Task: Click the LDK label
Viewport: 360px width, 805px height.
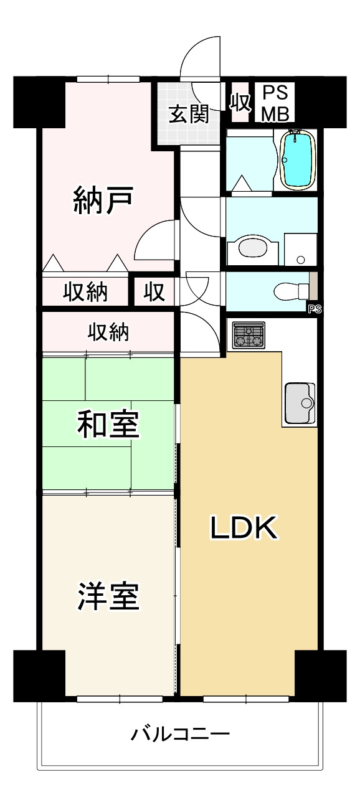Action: tap(243, 529)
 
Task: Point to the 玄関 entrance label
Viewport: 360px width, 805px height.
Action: tap(189, 115)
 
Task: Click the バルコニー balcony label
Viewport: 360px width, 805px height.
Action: tap(180, 734)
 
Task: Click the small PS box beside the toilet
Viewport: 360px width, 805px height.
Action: tap(313, 308)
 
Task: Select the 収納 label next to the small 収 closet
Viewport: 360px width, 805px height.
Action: tap(86, 291)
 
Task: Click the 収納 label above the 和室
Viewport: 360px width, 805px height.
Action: tap(108, 332)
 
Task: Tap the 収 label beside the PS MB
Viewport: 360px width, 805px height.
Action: tap(240, 102)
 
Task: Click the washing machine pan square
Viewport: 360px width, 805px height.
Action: tap(300, 249)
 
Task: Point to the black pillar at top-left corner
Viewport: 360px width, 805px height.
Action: tap(39, 101)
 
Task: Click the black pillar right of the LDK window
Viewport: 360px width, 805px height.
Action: tap(320, 675)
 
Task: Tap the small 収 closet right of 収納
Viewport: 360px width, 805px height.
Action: tap(154, 291)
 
